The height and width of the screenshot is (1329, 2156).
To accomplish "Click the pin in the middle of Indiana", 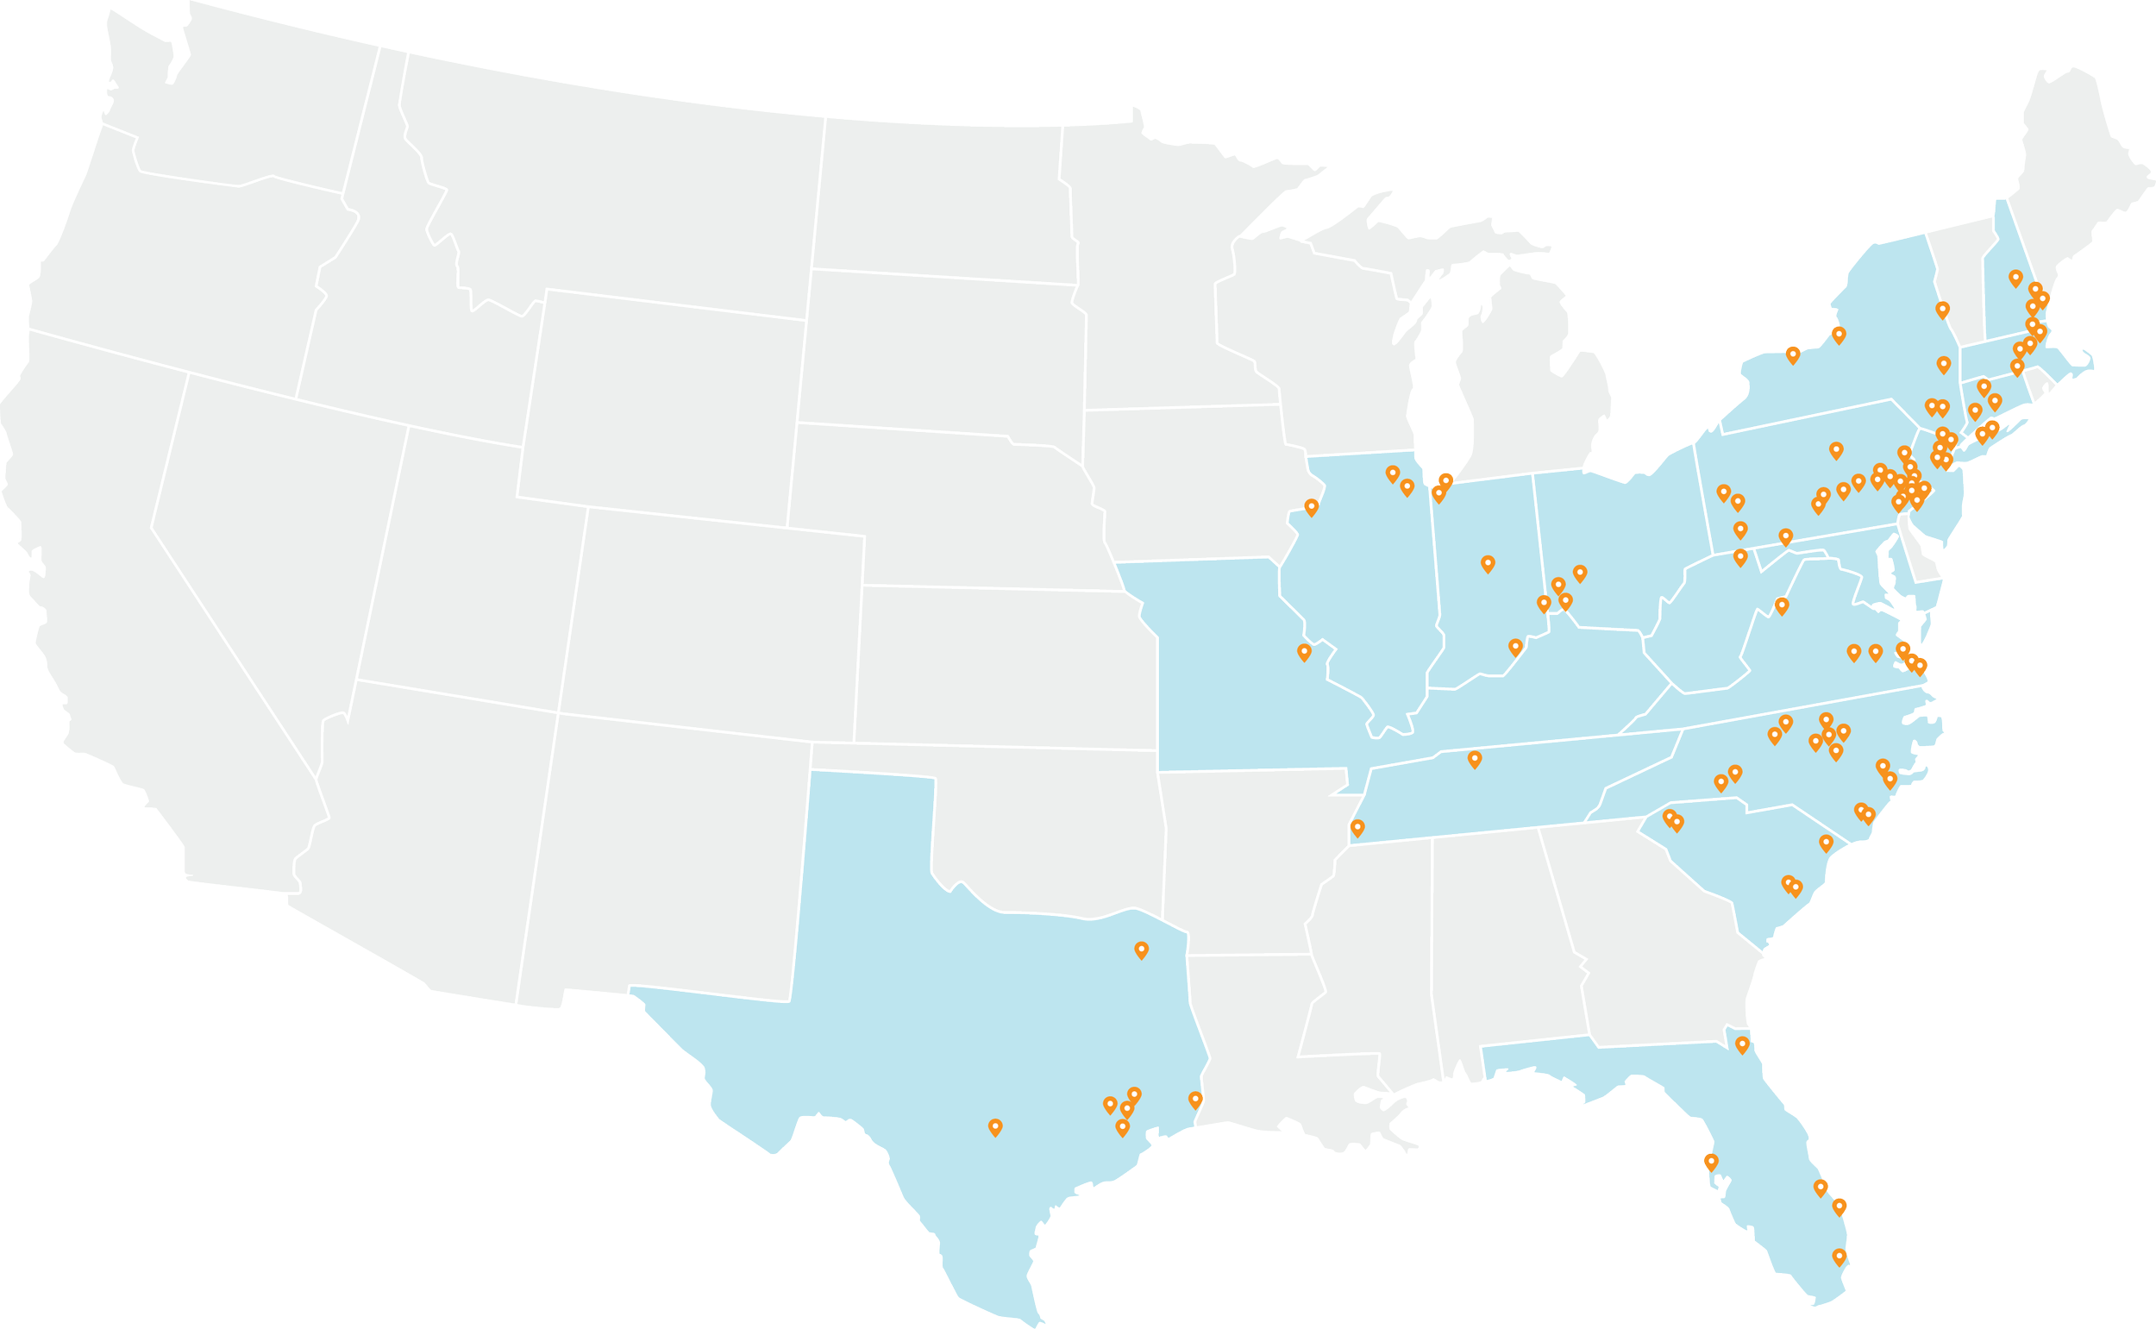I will pyautogui.click(x=1487, y=563).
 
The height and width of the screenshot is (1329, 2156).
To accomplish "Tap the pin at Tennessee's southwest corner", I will pyautogui.click(x=1357, y=827).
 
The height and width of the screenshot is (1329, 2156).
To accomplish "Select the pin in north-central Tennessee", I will pyautogui.click(x=1475, y=759).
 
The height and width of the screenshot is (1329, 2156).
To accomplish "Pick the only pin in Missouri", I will pyautogui.click(x=1304, y=651).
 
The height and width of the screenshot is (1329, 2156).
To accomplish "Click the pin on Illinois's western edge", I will pyautogui.click(x=1312, y=507).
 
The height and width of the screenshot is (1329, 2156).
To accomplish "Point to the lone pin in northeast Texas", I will pyautogui.click(x=1141, y=950).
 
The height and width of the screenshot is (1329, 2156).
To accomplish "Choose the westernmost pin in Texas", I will pyautogui.click(x=995, y=1126).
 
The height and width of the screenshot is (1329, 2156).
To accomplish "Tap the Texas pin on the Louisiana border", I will pyautogui.click(x=1195, y=1099).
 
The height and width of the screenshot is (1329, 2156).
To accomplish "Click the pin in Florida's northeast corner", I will pyautogui.click(x=1742, y=1044).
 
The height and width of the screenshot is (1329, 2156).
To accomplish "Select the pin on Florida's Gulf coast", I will pyautogui.click(x=1710, y=1161).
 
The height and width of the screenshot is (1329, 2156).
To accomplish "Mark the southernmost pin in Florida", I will pyautogui.click(x=1839, y=1256).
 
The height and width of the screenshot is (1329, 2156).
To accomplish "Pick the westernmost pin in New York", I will pyautogui.click(x=1793, y=355).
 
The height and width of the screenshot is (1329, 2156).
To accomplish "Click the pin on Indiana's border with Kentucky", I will pyautogui.click(x=1515, y=647).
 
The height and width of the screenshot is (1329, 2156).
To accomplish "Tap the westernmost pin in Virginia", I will pyautogui.click(x=1782, y=605).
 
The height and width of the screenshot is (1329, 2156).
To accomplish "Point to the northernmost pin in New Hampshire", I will pyautogui.click(x=2015, y=278).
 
